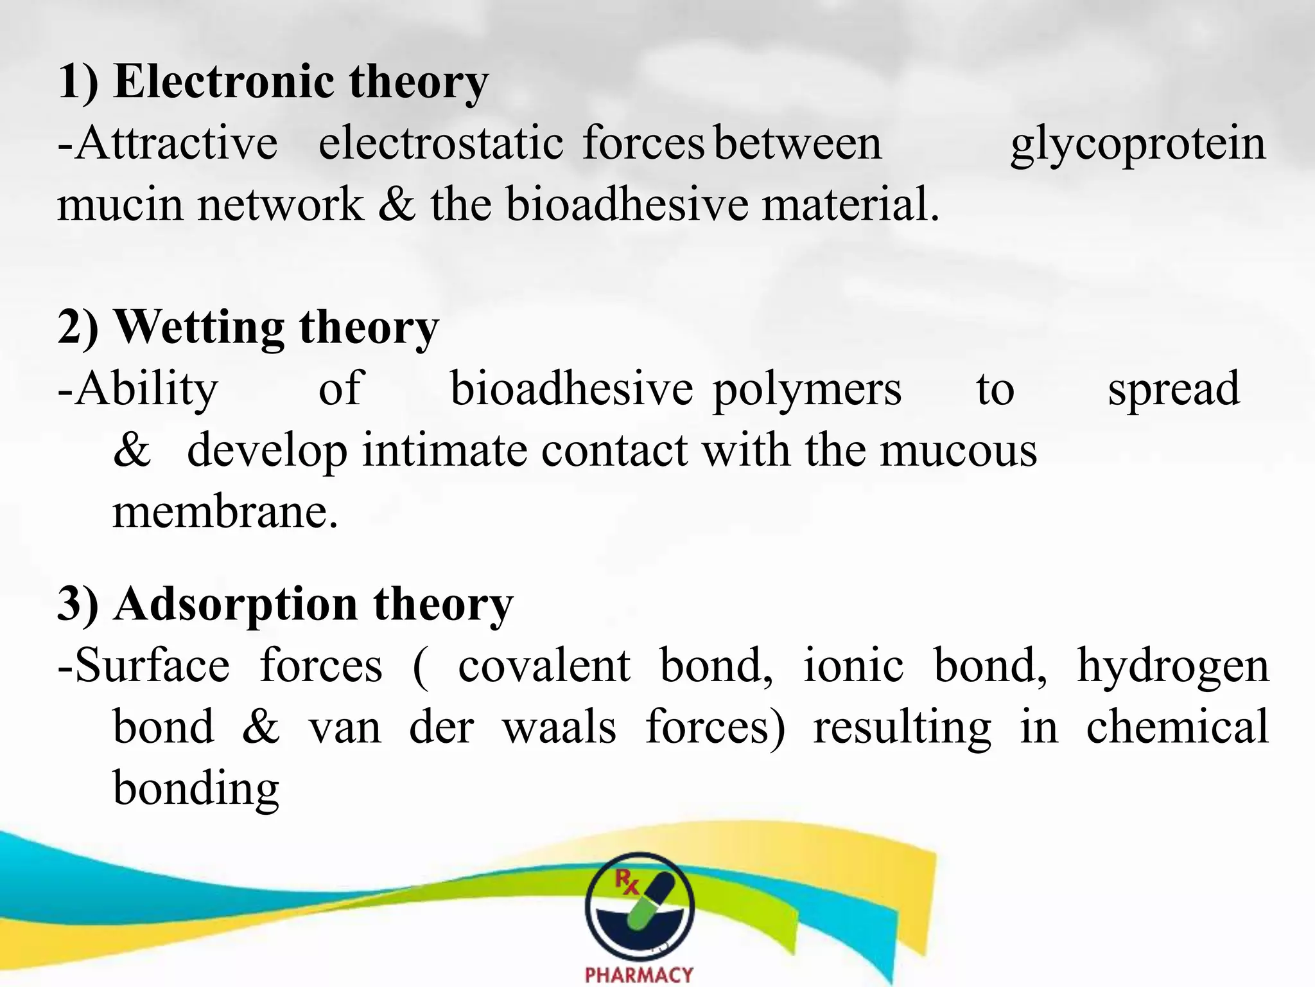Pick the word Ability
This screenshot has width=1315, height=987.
pos(146,389)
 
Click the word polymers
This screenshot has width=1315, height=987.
pos(807,389)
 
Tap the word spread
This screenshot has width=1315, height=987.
pos(1174,389)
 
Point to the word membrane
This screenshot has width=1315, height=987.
pos(225,512)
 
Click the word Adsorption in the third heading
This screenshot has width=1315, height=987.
pos(236,604)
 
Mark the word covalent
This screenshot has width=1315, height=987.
pos(544,666)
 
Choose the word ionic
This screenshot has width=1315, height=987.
pos(853,666)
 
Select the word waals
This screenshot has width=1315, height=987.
pos(559,727)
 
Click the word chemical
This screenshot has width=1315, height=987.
pos(1177,727)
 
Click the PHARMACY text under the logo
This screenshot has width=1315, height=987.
pos(639,974)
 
